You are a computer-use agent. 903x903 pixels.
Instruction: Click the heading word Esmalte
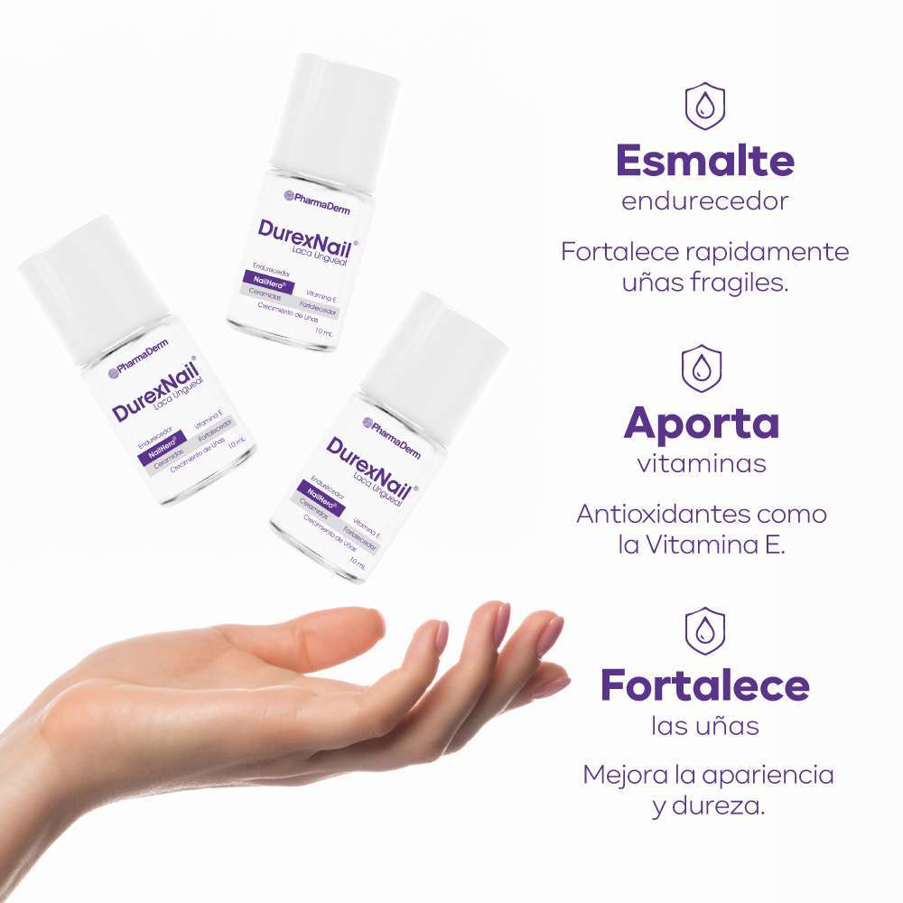click(704, 161)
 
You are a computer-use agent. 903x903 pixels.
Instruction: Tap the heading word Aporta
click(701, 423)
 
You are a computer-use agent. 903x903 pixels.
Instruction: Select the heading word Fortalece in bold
click(704, 685)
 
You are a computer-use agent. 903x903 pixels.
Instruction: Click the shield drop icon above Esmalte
click(704, 107)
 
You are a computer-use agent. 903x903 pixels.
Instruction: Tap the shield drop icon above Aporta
click(702, 368)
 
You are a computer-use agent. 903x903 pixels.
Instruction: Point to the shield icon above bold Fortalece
click(704, 630)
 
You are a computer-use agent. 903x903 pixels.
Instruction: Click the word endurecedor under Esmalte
click(704, 201)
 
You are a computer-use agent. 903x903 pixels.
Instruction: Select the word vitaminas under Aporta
click(702, 464)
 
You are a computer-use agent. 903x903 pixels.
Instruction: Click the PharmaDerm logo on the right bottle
click(392, 428)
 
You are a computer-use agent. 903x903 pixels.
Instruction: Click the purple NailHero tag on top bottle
click(269, 283)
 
